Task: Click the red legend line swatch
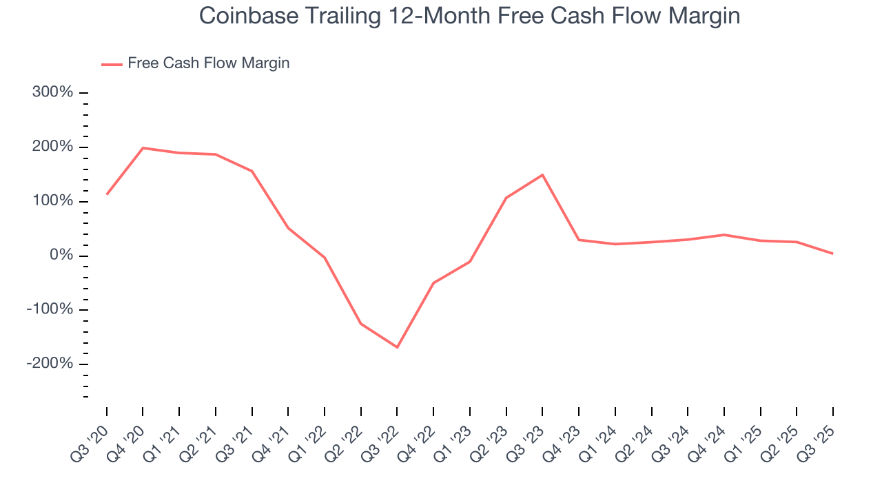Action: (x=112, y=64)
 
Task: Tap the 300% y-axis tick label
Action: (x=53, y=92)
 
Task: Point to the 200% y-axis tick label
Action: (x=53, y=147)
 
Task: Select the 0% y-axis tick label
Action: (x=61, y=256)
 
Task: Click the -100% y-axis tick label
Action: (x=50, y=309)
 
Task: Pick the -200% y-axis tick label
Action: (x=50, y=364)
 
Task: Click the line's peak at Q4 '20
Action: (x=143, y=148)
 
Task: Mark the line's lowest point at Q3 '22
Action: (x=397, y=347)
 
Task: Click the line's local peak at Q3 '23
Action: (x=542, y=175)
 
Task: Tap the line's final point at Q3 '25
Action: (x=832, y=254)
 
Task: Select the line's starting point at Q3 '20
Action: (x=107, y=194)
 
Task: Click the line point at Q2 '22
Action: (x=361, y=324)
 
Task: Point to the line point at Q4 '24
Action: (x=724, y=235)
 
